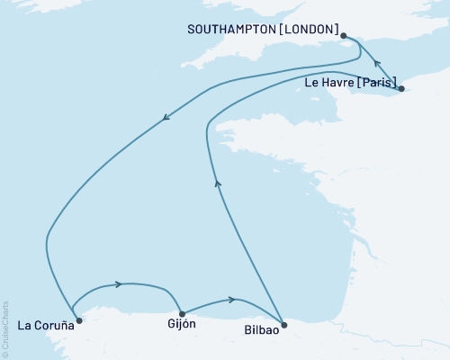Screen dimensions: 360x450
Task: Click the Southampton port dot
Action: coord(344,36)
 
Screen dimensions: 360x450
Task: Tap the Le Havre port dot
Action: coord(401,88)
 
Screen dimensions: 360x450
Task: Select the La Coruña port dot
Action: coord(78,319)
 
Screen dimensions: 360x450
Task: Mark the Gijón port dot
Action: coord(183,314)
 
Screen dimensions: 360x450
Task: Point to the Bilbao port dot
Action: coord(283,325)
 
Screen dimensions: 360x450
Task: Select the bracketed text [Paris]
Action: coord(376,82)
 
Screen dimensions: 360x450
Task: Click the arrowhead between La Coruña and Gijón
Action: coord(118,285)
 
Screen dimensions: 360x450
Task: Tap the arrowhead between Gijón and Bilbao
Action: coord(233,299)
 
